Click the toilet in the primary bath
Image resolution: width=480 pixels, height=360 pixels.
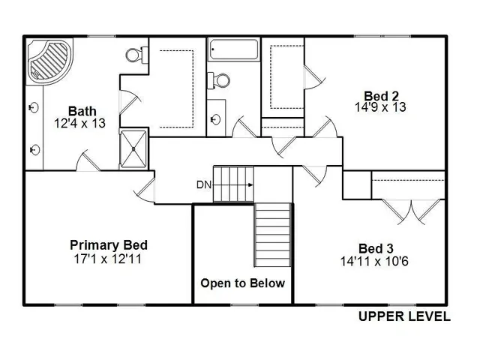[x=135, y=53]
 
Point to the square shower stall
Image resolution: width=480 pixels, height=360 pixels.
[x=134, y=148]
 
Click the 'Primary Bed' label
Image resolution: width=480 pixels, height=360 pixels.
[x=108, y=245]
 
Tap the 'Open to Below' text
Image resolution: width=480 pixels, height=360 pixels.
[x=242, y=283]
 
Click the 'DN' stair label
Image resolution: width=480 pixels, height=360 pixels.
[x=203, y=184]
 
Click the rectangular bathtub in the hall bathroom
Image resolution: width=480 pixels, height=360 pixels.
[x=232, y=51]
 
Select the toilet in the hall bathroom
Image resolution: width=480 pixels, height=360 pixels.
[x=218, y=79]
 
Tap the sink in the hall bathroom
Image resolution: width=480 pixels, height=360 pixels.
[x=216, y=118]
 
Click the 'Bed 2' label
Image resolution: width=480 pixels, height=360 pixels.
[x=381, y=95]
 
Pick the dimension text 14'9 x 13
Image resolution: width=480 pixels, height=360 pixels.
[x=381, y=107]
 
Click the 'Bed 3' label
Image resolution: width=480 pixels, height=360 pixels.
[x=376, y=248]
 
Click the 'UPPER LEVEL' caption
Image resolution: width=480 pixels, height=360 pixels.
[x=403, y=316]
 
